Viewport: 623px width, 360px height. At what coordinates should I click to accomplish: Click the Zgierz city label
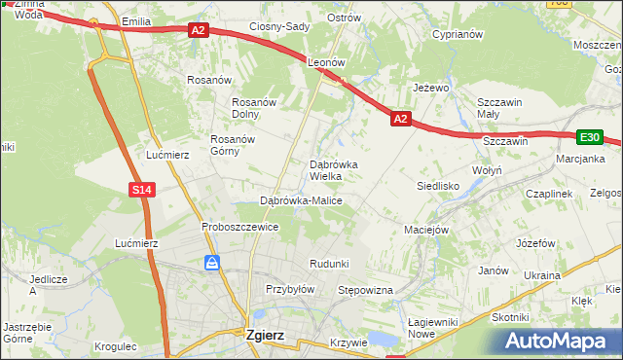pyautogui.click(x=253, y=335)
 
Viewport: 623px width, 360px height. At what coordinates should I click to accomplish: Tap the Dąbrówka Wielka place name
pyautogui.click(x=333, y=170)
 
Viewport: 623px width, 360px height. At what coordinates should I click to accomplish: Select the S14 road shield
pyautogui.click(x=142, y=190)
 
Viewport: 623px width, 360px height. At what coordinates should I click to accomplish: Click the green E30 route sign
pyautogui.click(x=588, y=137)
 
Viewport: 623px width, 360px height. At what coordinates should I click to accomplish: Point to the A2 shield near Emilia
pyautogui.click(x=198, y=30)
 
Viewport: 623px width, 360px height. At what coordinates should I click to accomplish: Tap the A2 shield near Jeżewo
pyautogui.click(x=400, y=119)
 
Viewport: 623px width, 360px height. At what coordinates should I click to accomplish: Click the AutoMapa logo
pyautogui.click(x=560, y=341)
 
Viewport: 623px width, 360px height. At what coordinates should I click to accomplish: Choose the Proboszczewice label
pyautogui.click(x=240, y=227)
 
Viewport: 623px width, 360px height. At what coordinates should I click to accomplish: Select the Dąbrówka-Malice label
pyautogui.click(x=301, y=200)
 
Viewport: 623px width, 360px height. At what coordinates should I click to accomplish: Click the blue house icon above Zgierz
pyautogui.click(x=212, y=263)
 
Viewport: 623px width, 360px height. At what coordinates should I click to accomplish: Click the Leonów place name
pyautogui.click(x=327, y=61)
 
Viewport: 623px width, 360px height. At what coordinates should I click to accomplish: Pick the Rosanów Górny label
pyautogui.click(x=233, y=145)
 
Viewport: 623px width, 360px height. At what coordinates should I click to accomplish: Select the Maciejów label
pyautogui.click(x=425, y=231)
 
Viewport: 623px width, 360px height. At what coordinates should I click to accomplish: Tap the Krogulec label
pyautogui.click(x=118, y=345)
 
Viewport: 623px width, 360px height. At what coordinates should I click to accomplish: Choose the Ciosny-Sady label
pyautogui.click(x=278, y=26)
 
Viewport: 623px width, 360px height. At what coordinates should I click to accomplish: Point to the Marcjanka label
pyautogui.click(x=581, y=159)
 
